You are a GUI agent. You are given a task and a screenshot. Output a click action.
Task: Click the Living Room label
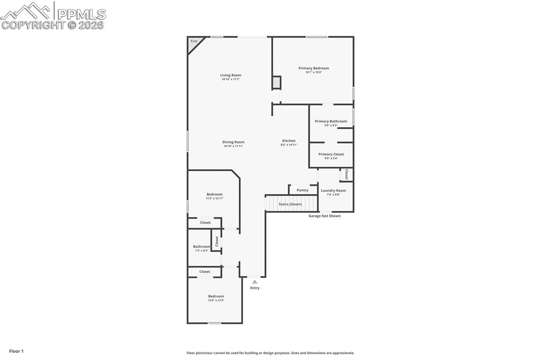pyautogui.click(x=231, y=75)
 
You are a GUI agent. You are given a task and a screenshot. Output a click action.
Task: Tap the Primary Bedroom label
pyautogui.click(x=313, y=68)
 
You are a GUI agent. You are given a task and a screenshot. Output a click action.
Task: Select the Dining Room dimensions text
pyautogui.click(x=233, y=146)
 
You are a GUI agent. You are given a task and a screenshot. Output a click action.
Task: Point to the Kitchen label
pyautogui.click(x=288, y=141)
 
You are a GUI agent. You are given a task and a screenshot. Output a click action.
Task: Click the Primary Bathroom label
pyautogui.click(x=331, y=121)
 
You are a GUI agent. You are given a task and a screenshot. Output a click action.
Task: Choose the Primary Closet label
pyautogui.click(x=331, y=154)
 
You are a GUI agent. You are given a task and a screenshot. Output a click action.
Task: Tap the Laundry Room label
pyautogui.click(x=333, y=191)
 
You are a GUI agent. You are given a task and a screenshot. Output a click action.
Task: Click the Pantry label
pyautogui.click(x=302, y=190)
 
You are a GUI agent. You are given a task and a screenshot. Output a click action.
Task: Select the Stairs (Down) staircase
pyautogui.click(x=291, y=204)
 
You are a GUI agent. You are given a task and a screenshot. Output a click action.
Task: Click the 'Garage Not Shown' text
pyautogui.click(x=324, y=216)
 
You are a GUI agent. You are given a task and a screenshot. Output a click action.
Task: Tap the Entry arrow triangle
pyautogui.click(x=255, y=282)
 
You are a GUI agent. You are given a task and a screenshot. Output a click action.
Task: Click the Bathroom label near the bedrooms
pyautogui.click(x=201, y=247)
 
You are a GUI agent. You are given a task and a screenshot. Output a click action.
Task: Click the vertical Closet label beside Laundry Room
pyautogui.click(x=347, y=174)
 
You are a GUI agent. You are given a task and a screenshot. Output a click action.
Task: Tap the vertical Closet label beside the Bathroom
pyautogui.click(x=217, y=241)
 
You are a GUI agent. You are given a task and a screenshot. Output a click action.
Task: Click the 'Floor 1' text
pyautogui.click(x=16, y=351)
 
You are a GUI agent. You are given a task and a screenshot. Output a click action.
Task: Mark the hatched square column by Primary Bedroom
pyautogui.click(x=276, y=82)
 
